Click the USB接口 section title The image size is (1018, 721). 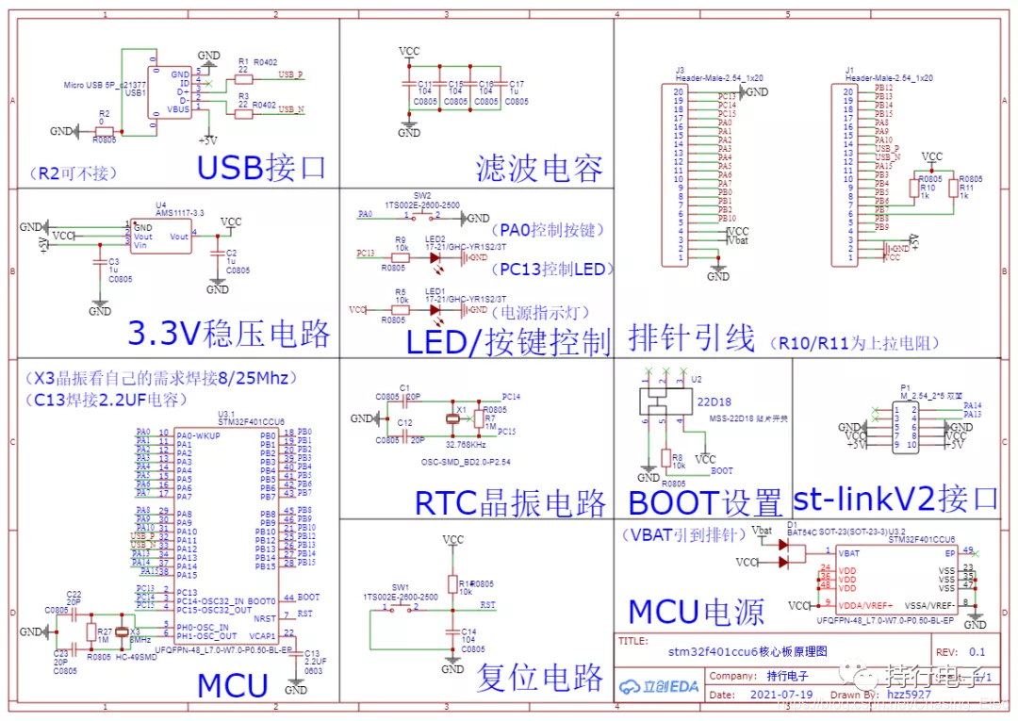pyautogui.click(x=261, y=167)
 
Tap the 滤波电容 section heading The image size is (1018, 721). pyautogui.click(x=539, y=169)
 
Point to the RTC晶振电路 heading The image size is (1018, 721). pyautogui.click(x=511, y=501)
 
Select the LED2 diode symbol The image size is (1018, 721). pyautogui.click(x=435, y=255)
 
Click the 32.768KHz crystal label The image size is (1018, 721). pyautogui.click(x=466, y=444)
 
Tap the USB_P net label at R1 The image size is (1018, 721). pyautogui.click(x=290, y=74)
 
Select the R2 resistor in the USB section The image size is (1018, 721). pyautogui.click(x=105, y=131)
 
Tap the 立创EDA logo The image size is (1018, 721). pyautogui.click(x=660, y=685)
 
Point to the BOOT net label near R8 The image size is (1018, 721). pyautogui.click(x=722, y=470)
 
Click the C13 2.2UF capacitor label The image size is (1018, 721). pyautogui.click(x=314, y=659)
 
